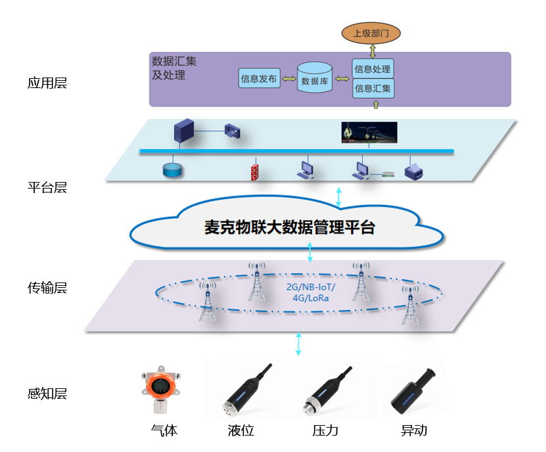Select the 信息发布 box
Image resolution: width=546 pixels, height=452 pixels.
(259, 79)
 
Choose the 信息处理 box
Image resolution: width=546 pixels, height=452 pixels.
(373, 69)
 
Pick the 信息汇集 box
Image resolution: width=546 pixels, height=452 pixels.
(373, 88)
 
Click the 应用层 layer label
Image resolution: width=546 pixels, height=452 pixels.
(47, 83)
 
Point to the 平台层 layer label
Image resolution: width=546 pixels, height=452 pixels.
(47, 187)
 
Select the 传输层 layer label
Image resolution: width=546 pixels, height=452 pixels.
(47, 288)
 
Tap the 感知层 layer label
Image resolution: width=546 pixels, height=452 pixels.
(47, 394)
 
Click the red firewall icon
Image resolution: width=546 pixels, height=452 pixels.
(254, 171)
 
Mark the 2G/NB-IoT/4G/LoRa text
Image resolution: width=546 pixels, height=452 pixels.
(311, 293)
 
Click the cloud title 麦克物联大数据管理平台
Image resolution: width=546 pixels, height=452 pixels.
(289, 228)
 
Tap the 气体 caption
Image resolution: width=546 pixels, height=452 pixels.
(164, 431)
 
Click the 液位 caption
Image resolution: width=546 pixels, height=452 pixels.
(240, 431)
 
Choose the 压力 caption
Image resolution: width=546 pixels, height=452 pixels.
(325, 431)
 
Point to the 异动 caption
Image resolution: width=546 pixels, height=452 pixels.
(414, 431)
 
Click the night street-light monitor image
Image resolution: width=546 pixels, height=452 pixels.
(369, 131)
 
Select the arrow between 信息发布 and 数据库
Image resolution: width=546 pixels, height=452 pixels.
(288, 79)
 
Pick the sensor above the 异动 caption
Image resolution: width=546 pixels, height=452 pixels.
(414, 393)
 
